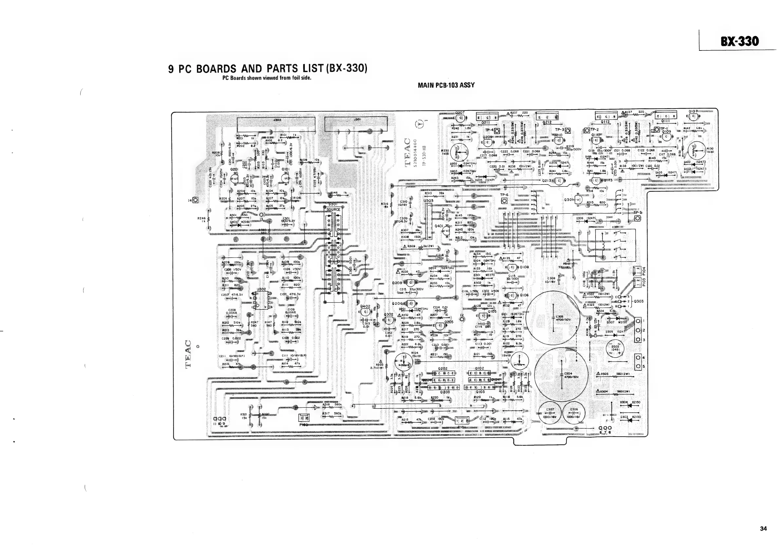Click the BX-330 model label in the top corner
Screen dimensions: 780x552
click(739, 42)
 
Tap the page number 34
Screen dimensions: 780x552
click(763, 528)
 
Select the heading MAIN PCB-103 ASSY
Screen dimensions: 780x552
click(446, 85)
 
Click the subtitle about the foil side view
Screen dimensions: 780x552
click(267, 78)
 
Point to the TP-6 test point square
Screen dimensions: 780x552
click(504, 201)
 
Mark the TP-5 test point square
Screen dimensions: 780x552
click(637, 218)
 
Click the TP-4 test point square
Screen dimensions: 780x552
click(497, 131)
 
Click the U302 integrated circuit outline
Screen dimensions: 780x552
click(261, 301)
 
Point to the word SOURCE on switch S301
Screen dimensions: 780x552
click(333, 209)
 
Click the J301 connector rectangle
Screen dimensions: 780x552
click(356, 124)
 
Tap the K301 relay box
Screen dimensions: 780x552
click(615, 245)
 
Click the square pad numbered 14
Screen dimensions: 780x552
click(195, 200)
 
